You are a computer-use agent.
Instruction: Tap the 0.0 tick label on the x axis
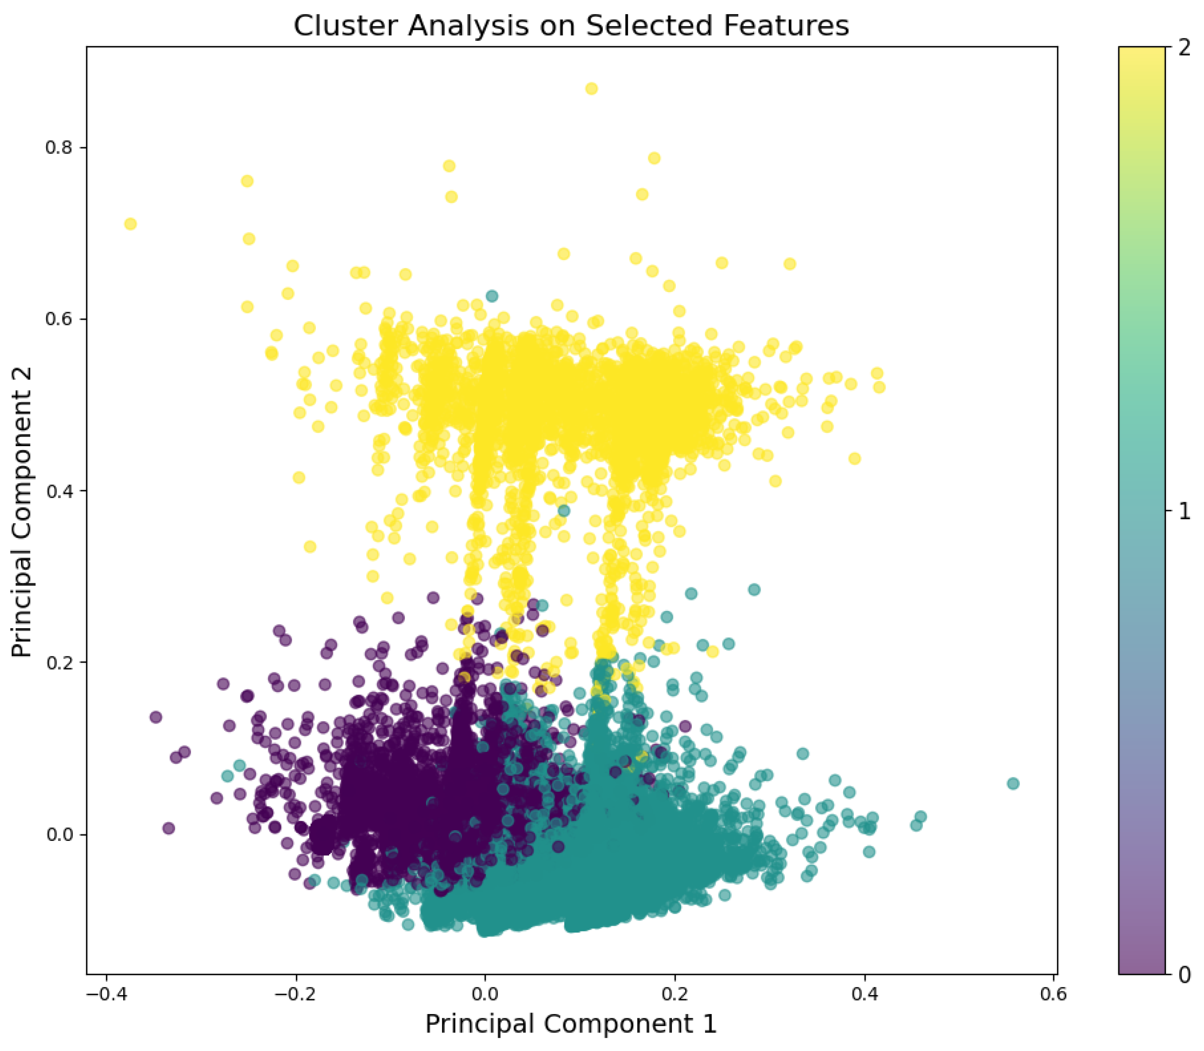click(485, 995)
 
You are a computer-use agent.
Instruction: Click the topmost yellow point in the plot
click(591, 89)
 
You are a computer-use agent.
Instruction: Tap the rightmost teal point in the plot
click(1013, 783)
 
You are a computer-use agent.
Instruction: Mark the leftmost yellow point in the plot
click(130, 224)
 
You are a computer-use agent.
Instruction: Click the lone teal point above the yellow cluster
click(492, 296)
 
